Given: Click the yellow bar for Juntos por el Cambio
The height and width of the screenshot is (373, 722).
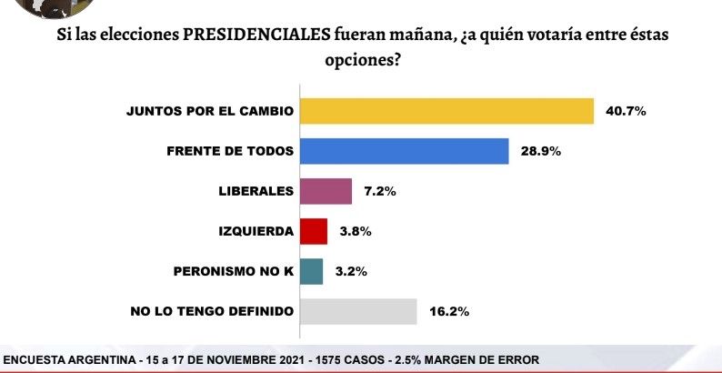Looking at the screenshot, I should (446, 111).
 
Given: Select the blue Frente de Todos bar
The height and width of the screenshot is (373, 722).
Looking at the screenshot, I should (404, 151).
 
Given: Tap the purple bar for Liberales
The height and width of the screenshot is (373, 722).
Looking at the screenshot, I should (326, 191).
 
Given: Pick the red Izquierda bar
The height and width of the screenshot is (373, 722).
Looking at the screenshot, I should (313, 231).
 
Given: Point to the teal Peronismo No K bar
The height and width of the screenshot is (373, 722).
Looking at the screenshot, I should (311, 271).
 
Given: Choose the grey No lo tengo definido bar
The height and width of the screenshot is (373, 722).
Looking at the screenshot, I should (358, 311).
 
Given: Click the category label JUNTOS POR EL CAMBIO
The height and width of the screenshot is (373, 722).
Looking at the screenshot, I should (210, 111).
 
